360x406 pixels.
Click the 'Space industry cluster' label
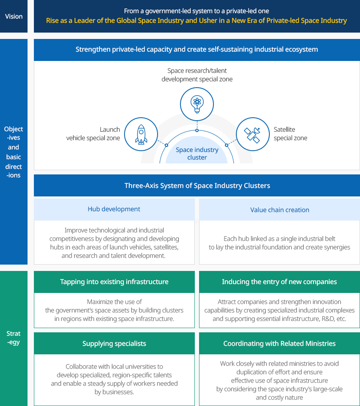pos(197,154)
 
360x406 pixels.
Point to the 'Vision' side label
pos(14,17)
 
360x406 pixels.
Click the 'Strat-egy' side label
pos(14,338)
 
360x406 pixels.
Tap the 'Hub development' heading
pos(114,209)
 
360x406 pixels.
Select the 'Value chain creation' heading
pos(280,210)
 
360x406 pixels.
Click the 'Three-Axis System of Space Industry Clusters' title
pos(197,186)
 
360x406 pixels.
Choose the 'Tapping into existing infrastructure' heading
pos(114,282)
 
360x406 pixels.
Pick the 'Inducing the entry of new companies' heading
pos(280,282)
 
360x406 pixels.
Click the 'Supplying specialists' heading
pos(114,344)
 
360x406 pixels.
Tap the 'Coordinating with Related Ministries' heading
pos(280,344)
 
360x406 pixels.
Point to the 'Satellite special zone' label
pos(291,134)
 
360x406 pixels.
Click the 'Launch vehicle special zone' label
pos(93,134)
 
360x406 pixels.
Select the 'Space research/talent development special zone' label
pos(197,75)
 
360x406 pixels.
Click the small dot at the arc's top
pos(197,130)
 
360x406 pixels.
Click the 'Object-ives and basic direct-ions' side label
pos(14,152)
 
